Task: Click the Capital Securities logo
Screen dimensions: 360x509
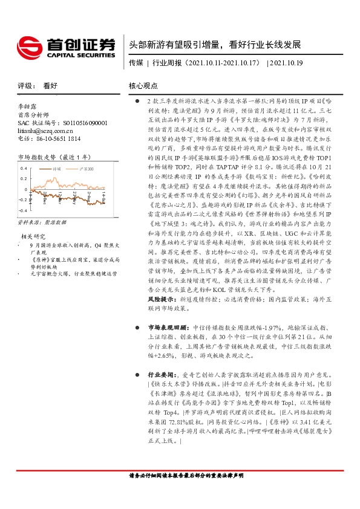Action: (66, 47)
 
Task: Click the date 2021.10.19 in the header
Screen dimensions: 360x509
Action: (285, 62)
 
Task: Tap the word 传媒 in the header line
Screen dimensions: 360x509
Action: (136, 62)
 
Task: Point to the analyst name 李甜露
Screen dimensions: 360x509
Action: (27, 105)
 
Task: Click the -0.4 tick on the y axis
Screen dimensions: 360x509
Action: (24, 210)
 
